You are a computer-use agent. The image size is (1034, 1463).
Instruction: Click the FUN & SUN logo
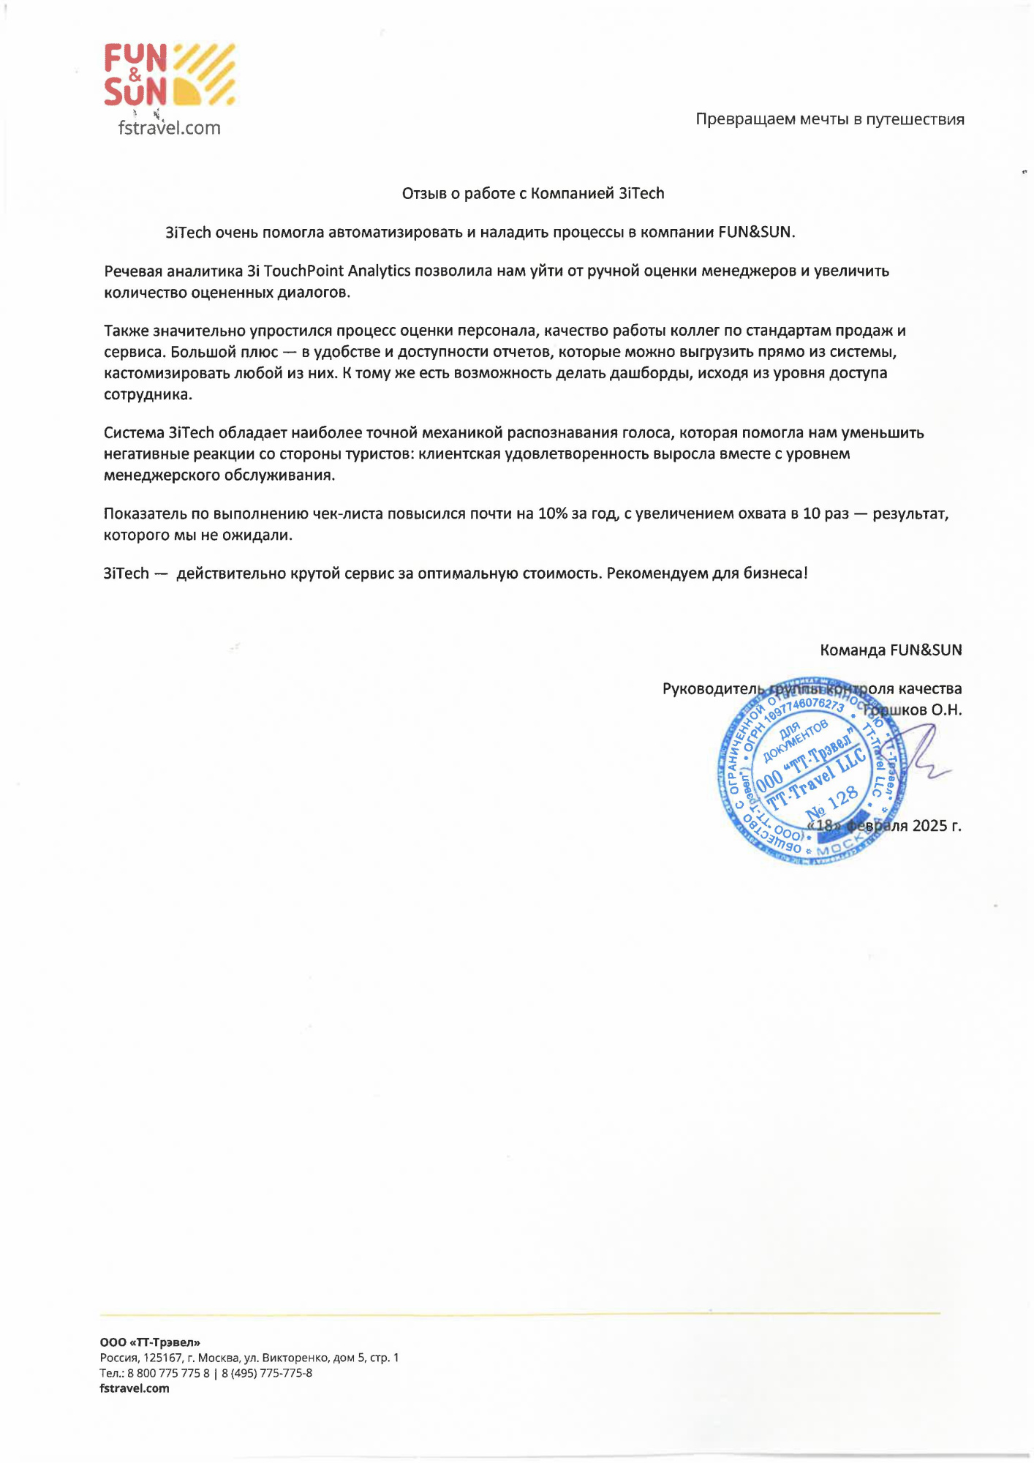[169, 75]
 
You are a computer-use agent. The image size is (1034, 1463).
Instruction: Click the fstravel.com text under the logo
[169, 128]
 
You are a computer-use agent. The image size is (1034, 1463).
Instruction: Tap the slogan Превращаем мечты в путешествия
[829, 119]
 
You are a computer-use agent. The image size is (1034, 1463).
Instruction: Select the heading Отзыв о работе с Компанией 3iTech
[533, 194]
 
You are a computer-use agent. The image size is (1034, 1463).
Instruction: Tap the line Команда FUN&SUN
[891, 650]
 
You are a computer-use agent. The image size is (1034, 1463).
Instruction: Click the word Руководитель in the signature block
[712, 689]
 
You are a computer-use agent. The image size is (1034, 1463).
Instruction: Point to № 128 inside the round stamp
[831, 803]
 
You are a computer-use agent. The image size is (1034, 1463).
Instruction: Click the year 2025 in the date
[929, 826]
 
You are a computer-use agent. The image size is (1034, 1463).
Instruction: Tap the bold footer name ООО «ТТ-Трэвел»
[150, 1342]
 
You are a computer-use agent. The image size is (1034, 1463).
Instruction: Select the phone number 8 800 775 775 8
[168, 1373]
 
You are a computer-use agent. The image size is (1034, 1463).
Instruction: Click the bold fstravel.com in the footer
[135, 1388]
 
